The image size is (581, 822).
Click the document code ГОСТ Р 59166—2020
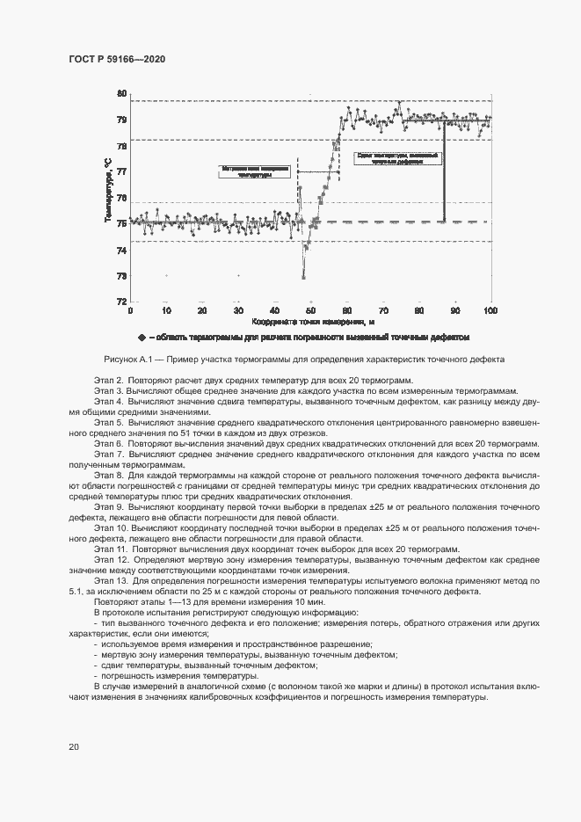pyautogui.click(x=116, y=58)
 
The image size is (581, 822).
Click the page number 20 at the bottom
pyautogui.click(x=74, y=746)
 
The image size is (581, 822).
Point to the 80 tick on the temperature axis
pyautogui.click(x=121, y=93)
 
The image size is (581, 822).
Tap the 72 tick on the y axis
pyautogui.click(x=121, y=302)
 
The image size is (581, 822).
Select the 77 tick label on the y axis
pyautogui.click(x=121, y=171)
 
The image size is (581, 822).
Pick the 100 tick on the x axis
pyautogui.click(x=490, y=310)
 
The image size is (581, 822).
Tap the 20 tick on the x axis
pyautogui.click(x=202, y=310)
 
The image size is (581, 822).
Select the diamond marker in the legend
pyautogui.click(x=141, y=338)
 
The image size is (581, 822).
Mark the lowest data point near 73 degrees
pyautogui.click(x=303, y=278)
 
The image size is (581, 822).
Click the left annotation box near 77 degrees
pyautogui.click(x=256, y=171)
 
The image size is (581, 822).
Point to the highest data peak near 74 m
pyautogui.click(x=399, y=103)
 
